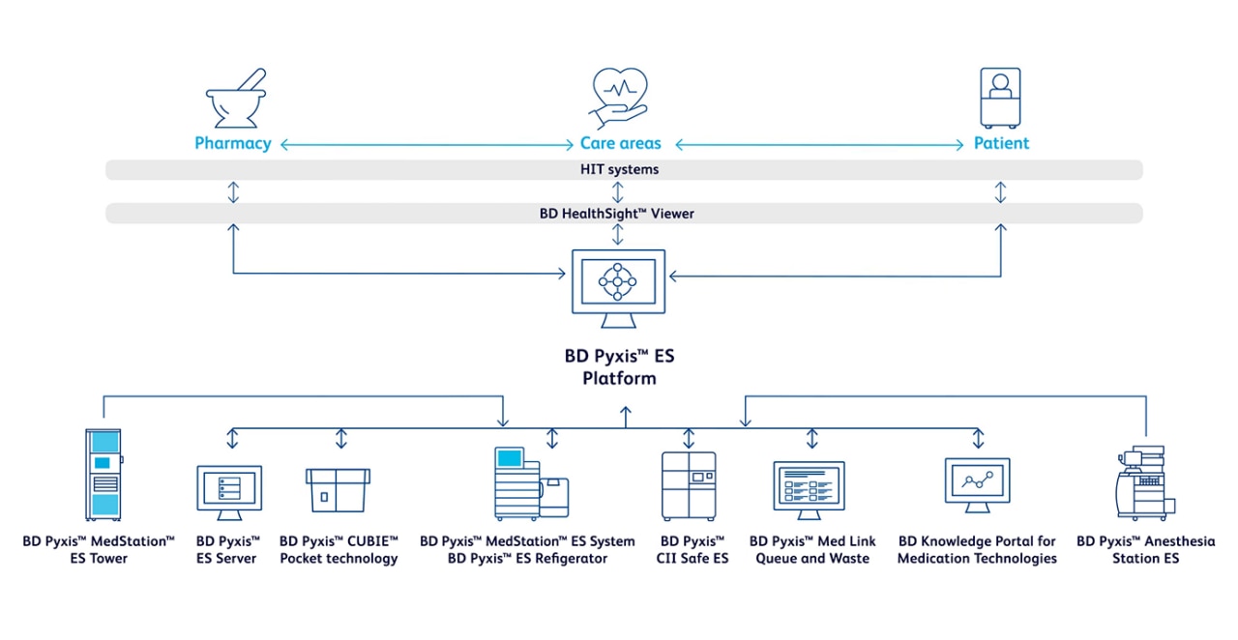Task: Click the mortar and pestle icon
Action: [x=234, y=100]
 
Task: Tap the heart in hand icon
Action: [x=619, y=98]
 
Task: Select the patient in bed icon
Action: [x=1001, y=98]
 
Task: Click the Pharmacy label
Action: [x=232, y=143]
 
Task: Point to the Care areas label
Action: [x=620, y=143]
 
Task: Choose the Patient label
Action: [x=1001, y=143]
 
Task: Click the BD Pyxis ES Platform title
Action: [x=619, y=366]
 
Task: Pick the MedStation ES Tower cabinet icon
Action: [x=103, y=475]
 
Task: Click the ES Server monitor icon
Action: [x=229, y=491]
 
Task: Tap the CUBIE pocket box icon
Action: [x=338, y=489]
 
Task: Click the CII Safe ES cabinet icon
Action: [x=688, y=486]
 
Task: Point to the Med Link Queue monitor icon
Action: [x=809, y=491]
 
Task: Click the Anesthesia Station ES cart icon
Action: [x=1143, y=483]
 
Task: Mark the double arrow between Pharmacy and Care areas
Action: [x=426, y=145]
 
